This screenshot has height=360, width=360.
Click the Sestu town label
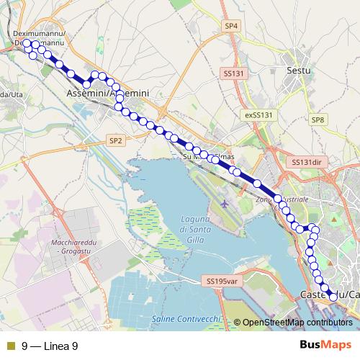[297, 71]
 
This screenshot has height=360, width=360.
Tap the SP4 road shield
[230, 26]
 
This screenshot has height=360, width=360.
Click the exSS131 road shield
[259, 114]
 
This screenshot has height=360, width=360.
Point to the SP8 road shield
[318, 120]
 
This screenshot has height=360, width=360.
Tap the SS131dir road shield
[306, 163]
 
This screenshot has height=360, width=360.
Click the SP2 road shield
[116, 140]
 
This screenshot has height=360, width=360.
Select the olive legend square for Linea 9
[10, 346]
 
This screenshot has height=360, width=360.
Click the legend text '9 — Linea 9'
[50, 346]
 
